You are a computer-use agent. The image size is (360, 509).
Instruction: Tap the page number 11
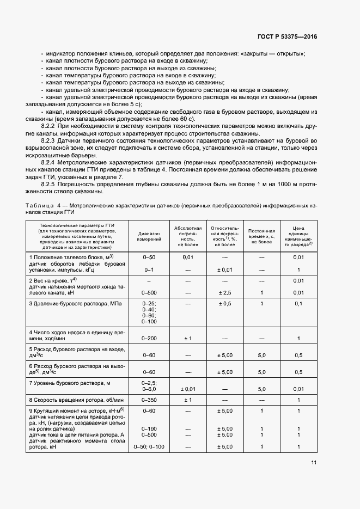314,463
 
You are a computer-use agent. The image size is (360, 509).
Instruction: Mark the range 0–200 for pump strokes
149,339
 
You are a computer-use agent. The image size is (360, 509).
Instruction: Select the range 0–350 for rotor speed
149,400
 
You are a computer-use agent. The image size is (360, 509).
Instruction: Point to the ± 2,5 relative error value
224,292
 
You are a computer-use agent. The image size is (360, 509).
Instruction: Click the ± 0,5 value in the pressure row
224,303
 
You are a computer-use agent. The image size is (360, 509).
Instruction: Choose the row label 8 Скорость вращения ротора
74,400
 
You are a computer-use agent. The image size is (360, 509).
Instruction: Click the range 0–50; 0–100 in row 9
149,447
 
